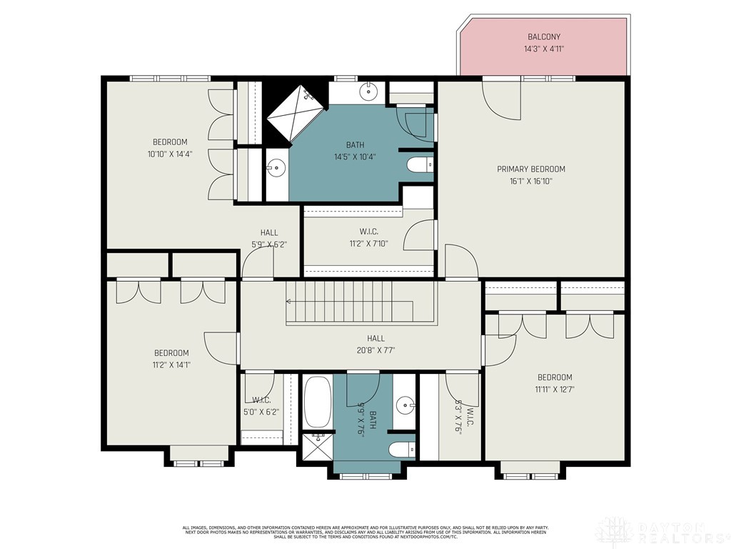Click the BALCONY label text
[543, 36]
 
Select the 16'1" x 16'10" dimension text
[531, 182]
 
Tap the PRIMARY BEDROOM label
[531, 169]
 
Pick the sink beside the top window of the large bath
[368, 91]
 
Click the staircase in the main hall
[350, 302]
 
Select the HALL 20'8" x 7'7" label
[375, 345]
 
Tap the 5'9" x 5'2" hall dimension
[269, 244]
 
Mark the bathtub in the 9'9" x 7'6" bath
[318, 402]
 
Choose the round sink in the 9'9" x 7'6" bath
[405, 405]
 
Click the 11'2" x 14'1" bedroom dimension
[171, 365]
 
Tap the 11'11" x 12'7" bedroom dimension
[555, 390]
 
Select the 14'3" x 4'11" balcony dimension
[543, 49]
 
